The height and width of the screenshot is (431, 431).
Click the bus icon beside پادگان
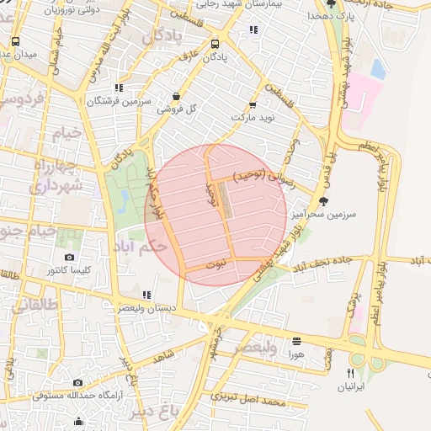tap(215, 44)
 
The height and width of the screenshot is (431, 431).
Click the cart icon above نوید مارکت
tap(253, 105)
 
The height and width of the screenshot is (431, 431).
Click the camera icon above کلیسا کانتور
tap(68, 257)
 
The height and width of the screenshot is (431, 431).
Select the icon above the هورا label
tap(296, 341)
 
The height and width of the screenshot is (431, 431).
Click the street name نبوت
tap(217, 263)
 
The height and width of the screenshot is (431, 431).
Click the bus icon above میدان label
tap(15, 41)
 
